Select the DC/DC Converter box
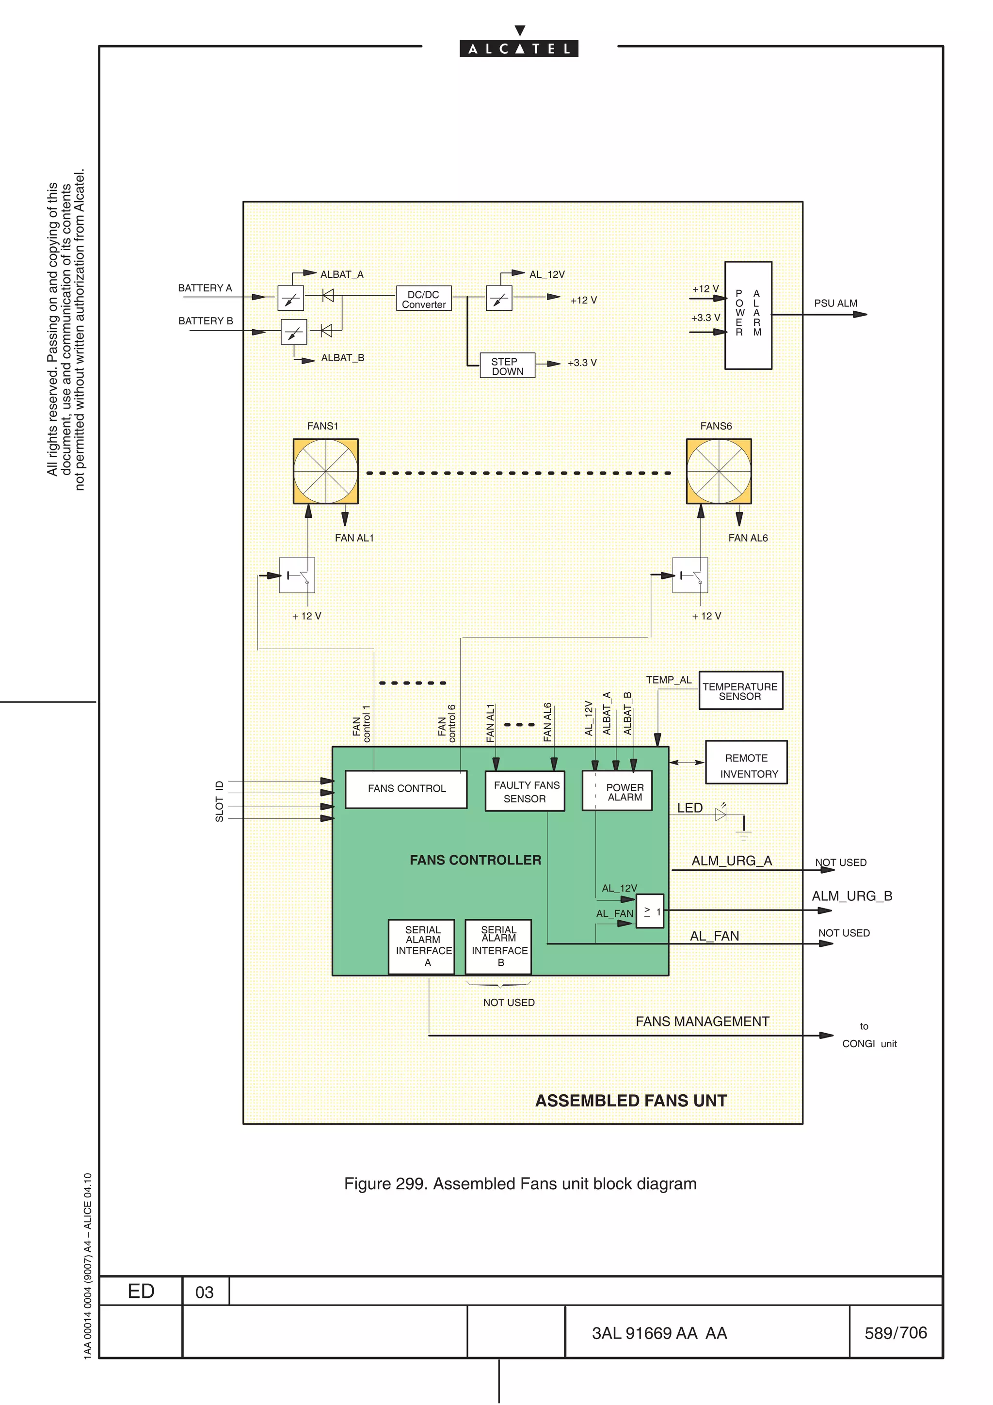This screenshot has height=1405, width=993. tap(423, 299)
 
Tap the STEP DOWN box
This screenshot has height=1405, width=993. tap(507, 366)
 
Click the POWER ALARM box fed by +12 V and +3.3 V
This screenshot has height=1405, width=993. tap(748, 315)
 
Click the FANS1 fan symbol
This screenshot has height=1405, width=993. tap(325, 471)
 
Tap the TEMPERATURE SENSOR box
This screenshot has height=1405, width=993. tap(740, 691)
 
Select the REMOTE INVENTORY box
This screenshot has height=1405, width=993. tap(746, 763)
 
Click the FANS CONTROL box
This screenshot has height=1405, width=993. tap(406, 789)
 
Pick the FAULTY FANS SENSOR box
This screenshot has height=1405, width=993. tap(525, 791)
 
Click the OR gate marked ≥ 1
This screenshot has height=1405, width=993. tap(650, 911)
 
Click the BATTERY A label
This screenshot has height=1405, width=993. tap(205, 287)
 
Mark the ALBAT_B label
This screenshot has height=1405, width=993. tap(343, 357)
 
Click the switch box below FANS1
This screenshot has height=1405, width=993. tap(297, 575)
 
